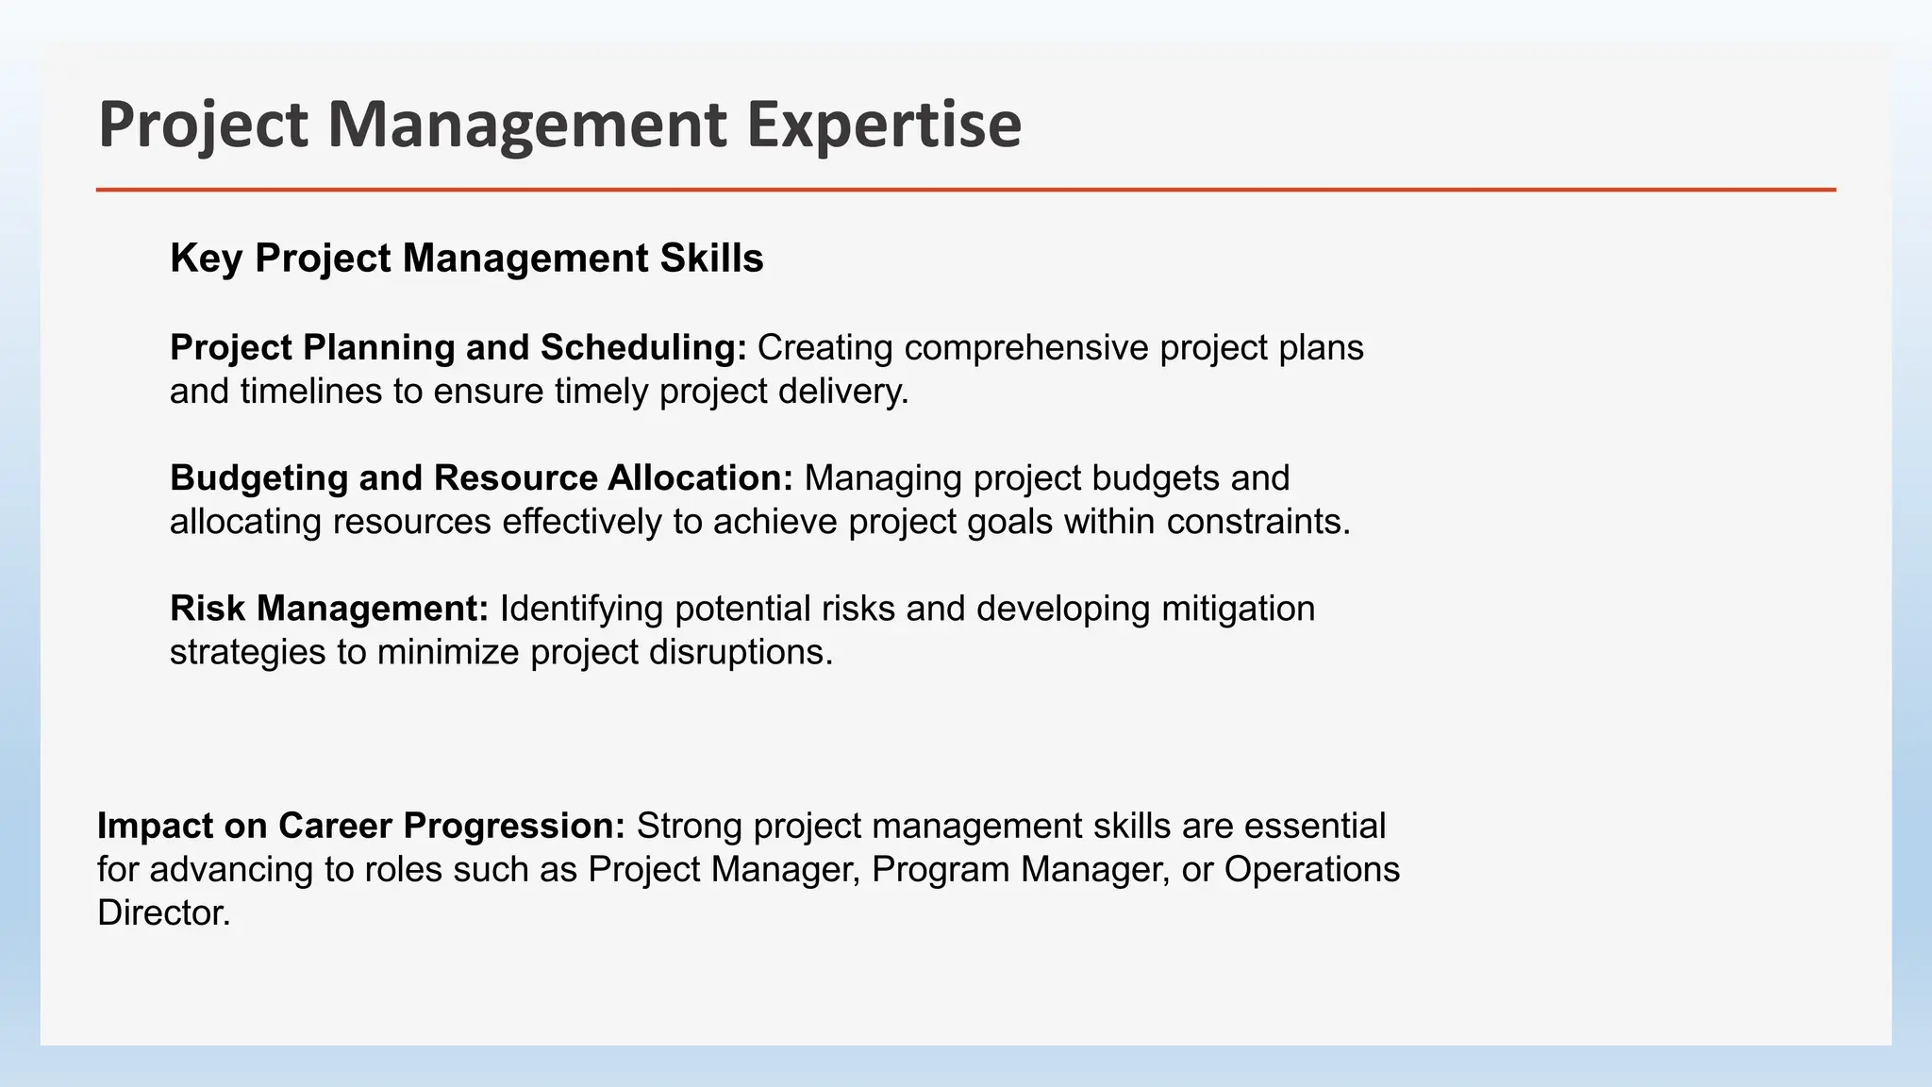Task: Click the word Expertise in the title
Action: [x=884, y=125]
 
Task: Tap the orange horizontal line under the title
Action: [x=966, y=190]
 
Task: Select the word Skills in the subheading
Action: [x=711, y=259]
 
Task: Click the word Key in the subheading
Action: [x=206, y=259]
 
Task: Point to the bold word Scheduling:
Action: [x=643, y=348]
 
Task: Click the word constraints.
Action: [x=1257, y=522]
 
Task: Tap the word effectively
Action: [x=581, y=522]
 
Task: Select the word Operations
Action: [x=1311, y=869]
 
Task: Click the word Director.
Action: [x=163, y=912]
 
